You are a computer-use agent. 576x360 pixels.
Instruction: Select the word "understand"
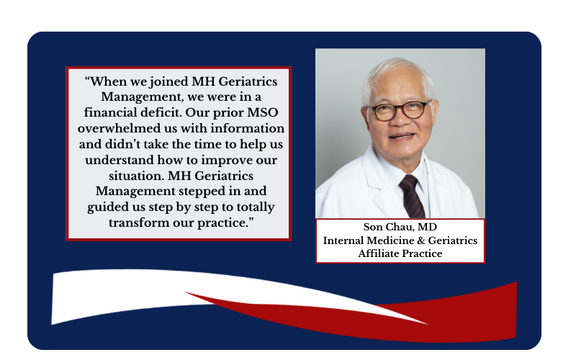[x=120, y=160]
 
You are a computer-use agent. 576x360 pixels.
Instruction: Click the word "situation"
[x=136, y=176]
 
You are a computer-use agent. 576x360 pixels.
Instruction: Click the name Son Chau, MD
[x=400, y=227]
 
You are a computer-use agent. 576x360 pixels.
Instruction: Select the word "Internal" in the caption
[x=343, y=240]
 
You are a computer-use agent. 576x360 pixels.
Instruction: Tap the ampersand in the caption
[x=421, y=240]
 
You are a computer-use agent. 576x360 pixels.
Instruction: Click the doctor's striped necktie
[x=412, y=197]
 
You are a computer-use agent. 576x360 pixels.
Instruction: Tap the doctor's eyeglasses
[x=400, y=110]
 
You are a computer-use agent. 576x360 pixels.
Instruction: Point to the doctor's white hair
[x=397, y=73]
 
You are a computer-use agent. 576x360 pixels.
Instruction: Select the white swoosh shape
[x=147, y=290]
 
